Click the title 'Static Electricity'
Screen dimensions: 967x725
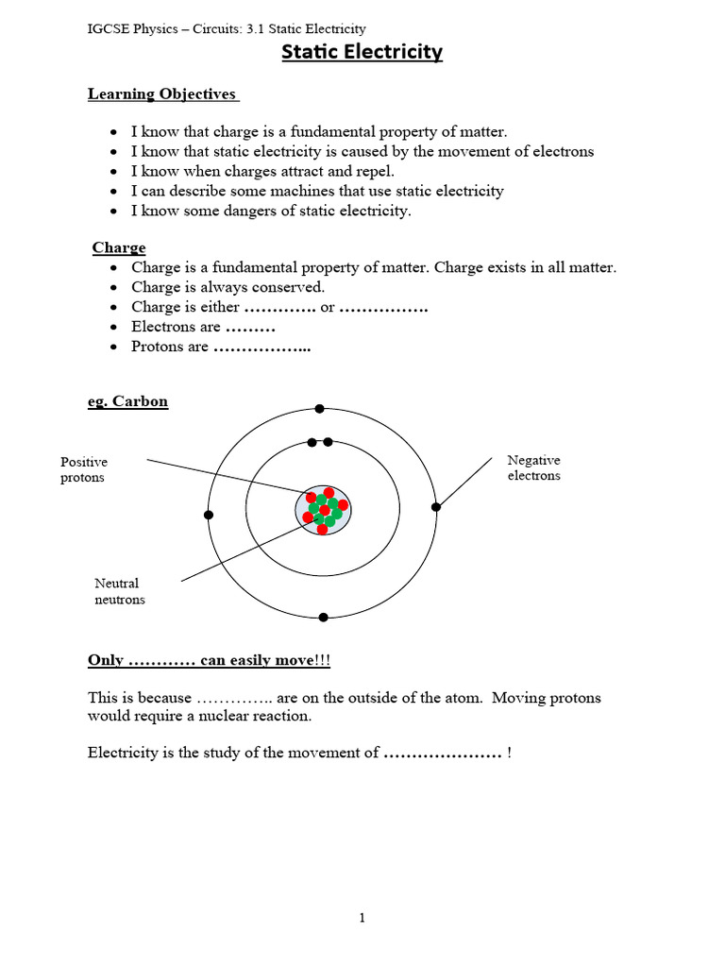[x=362, y=53]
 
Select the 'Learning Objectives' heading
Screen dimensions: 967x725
[x=161, y=93]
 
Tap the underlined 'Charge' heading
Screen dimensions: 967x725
[x=119, y=247]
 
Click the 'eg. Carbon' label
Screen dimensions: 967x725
[x=127, y=401]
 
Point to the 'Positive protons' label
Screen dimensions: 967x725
[x=84, y=469]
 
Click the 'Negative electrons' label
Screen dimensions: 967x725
[x=533, y=467]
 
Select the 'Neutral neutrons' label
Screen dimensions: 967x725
[x=119, y=591]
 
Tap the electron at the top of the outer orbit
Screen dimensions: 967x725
[x=320, y=409]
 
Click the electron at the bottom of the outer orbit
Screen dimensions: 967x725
[x=323, y=617]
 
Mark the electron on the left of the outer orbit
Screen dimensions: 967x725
[x=209, y=515]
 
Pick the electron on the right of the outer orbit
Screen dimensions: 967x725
[x=435, y=507]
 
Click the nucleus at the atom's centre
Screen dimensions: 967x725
[x=323, y=511]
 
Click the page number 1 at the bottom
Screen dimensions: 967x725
[x=362, y=918]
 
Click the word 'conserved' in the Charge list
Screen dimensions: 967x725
[x=292, y=287]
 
